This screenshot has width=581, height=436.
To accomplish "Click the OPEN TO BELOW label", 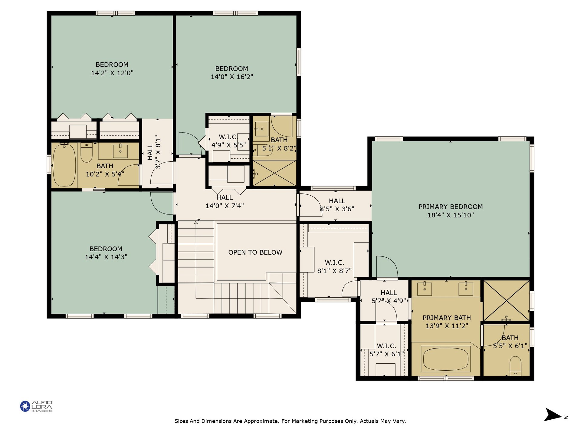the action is click(x=255, y=252).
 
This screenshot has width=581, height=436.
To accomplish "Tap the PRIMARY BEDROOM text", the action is click(x=451, y=207).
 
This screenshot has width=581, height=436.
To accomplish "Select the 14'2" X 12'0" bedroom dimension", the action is click(x=112, y=73).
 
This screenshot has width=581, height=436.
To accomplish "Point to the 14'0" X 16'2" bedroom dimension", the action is click(x=232, y=77).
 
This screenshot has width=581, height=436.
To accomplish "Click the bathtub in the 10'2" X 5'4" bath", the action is click(x=64, y=165).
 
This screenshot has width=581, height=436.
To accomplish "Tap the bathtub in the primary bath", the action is click(x=445, y=359).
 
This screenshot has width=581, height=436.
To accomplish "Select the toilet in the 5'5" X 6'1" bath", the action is click(x=515, y=366).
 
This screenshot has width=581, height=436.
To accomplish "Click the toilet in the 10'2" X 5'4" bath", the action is click(x=87, y=153).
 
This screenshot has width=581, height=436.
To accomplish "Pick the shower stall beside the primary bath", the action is click(x=506, y=301).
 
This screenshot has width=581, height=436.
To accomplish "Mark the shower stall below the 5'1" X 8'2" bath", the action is click(x=274, y=173).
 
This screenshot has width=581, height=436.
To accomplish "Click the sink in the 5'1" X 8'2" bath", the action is click(x=262, y=129).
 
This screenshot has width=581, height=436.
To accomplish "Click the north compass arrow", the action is click(x=553, y=415).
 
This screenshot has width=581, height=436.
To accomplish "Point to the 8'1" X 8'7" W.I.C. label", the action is click(x=334, y=267).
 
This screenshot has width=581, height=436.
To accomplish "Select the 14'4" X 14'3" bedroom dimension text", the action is click(x=106, y=257).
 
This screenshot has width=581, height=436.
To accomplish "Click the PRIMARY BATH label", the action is click(x=447, y=318).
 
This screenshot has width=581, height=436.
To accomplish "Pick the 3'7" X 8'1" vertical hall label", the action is click(x=154, y=152).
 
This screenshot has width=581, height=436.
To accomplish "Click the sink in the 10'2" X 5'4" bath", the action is click(x=120, y=151).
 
